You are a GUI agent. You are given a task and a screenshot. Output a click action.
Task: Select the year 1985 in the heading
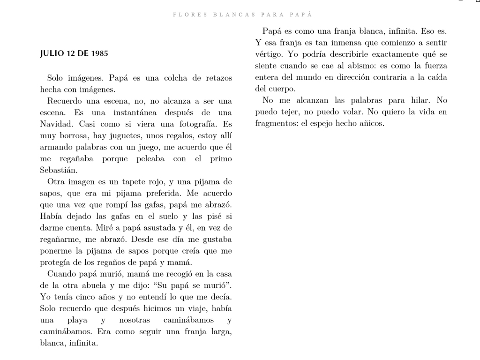coord(98,53)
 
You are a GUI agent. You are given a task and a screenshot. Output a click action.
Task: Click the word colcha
coord(160,78)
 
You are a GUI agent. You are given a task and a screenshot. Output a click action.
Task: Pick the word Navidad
coord(57,125)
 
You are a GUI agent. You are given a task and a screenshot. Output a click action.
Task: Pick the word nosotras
coord(135,320)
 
